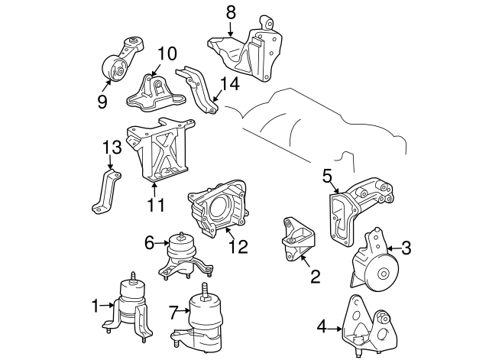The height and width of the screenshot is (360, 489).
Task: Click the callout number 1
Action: [x=96, y=307]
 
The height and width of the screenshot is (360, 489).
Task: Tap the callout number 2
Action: [x=314, y=276]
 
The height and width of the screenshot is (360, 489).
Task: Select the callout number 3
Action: [x=406, y=247]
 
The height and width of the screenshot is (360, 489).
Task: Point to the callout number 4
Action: [x=322, y=328]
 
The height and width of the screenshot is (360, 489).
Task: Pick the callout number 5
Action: [x=327, y=177]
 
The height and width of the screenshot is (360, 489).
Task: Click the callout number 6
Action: [x=149, y=243]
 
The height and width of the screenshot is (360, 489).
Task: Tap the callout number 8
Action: [x=232, y=13]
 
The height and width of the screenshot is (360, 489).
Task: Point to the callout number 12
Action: [x=238, y=247]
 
